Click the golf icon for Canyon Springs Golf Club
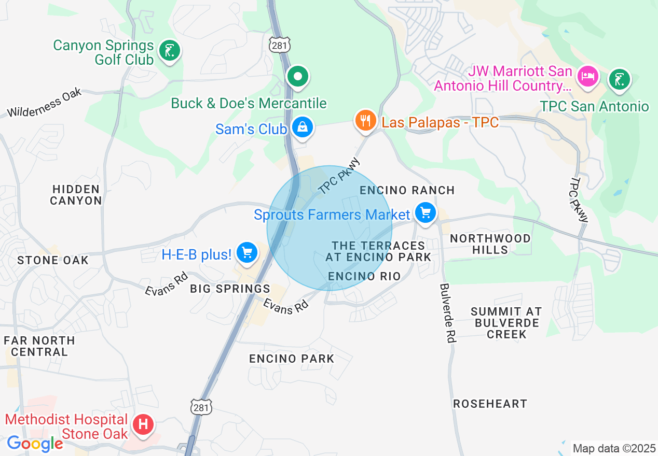tap(170, 51)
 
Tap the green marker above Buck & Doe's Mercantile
tap(298, 77)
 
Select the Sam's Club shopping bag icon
tap(302, 127)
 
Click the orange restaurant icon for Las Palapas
tap(366, 121)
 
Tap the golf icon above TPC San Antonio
tap(620, 79)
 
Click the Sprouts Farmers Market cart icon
tap(426, 212)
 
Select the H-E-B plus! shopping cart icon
tap(246, 253)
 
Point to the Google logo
tap(35, 444)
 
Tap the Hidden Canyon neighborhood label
tap(76, 195)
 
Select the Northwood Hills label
tap(490, 244)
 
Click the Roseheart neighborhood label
tap(490, 404)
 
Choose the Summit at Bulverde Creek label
tap(506, 323)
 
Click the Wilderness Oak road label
tap(45, 103)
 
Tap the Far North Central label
tap(39, 346)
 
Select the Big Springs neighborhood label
tap(230, 289)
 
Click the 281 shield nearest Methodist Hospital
tap(201, 407)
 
